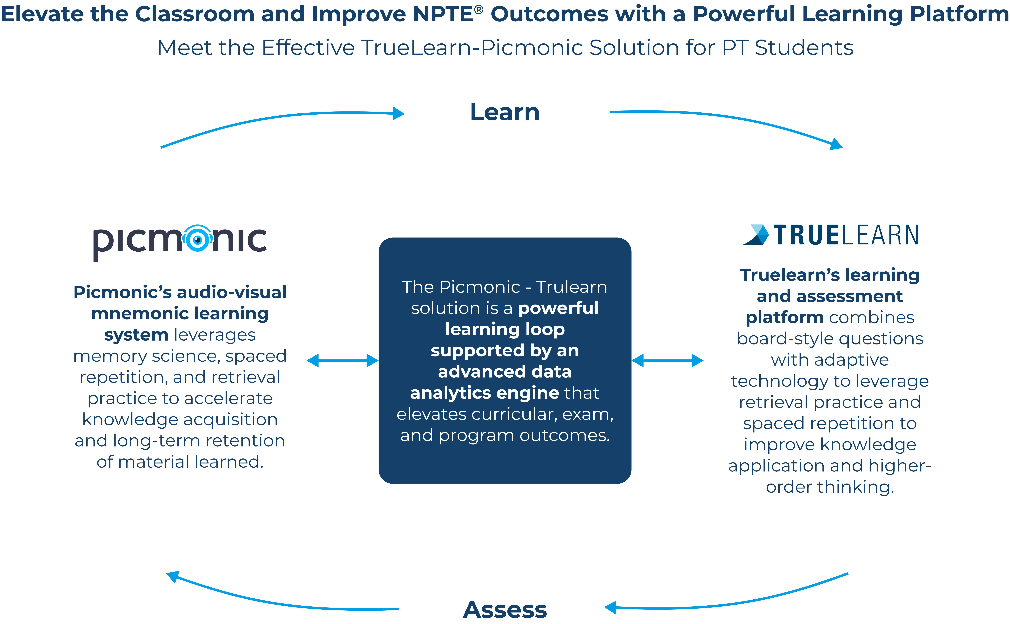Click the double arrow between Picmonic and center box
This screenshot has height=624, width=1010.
coord(342,361)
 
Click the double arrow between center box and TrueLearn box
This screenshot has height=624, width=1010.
coord(667,361)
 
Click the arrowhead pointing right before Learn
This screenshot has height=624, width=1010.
coord(398,113)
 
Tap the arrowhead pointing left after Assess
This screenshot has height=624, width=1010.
coord(610,607)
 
